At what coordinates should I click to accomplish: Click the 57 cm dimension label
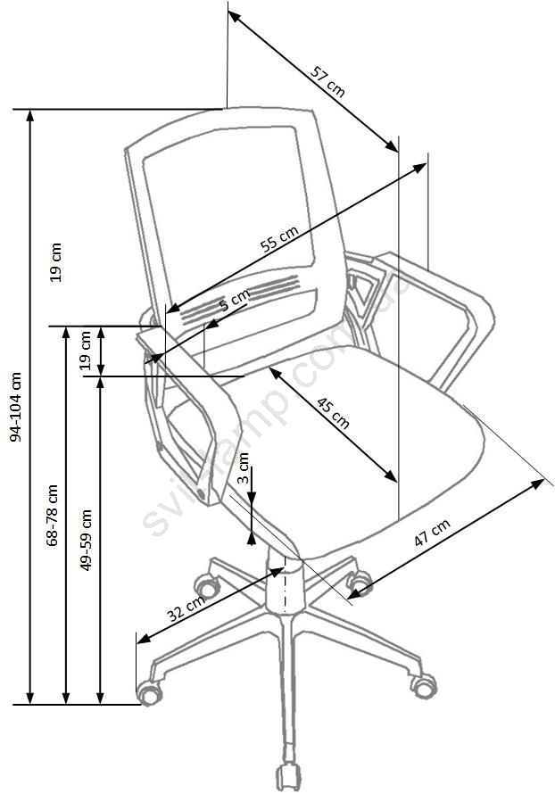tap(327, 80)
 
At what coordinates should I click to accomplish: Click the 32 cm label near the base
tap(186, 612)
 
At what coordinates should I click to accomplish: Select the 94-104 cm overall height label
tap(14, 406)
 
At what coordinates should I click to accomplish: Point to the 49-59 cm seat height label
tap(86, 540)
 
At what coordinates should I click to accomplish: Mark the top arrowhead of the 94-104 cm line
tap(31, 114)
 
